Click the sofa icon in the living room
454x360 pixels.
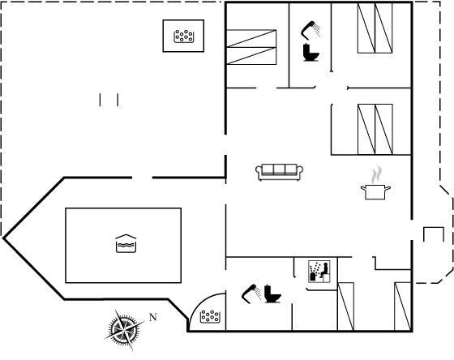280,172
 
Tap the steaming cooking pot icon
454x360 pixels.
375,183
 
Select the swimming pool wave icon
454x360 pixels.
126,243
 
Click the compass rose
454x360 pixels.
125,329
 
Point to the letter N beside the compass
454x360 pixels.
153,317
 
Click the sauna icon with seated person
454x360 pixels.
319,272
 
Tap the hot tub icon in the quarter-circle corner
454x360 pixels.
210,316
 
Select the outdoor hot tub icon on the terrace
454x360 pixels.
183,36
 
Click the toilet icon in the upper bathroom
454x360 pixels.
311,53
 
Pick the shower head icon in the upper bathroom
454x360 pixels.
311,30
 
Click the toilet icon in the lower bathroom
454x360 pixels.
272,294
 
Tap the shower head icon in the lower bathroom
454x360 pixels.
251,294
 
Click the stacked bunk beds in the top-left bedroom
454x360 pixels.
251,47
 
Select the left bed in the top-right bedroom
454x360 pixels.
366,28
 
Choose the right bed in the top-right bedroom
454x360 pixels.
384,28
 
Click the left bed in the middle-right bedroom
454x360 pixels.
366,129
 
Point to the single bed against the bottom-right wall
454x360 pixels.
403,306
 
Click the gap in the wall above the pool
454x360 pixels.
142,178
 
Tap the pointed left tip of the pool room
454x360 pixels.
3,238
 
